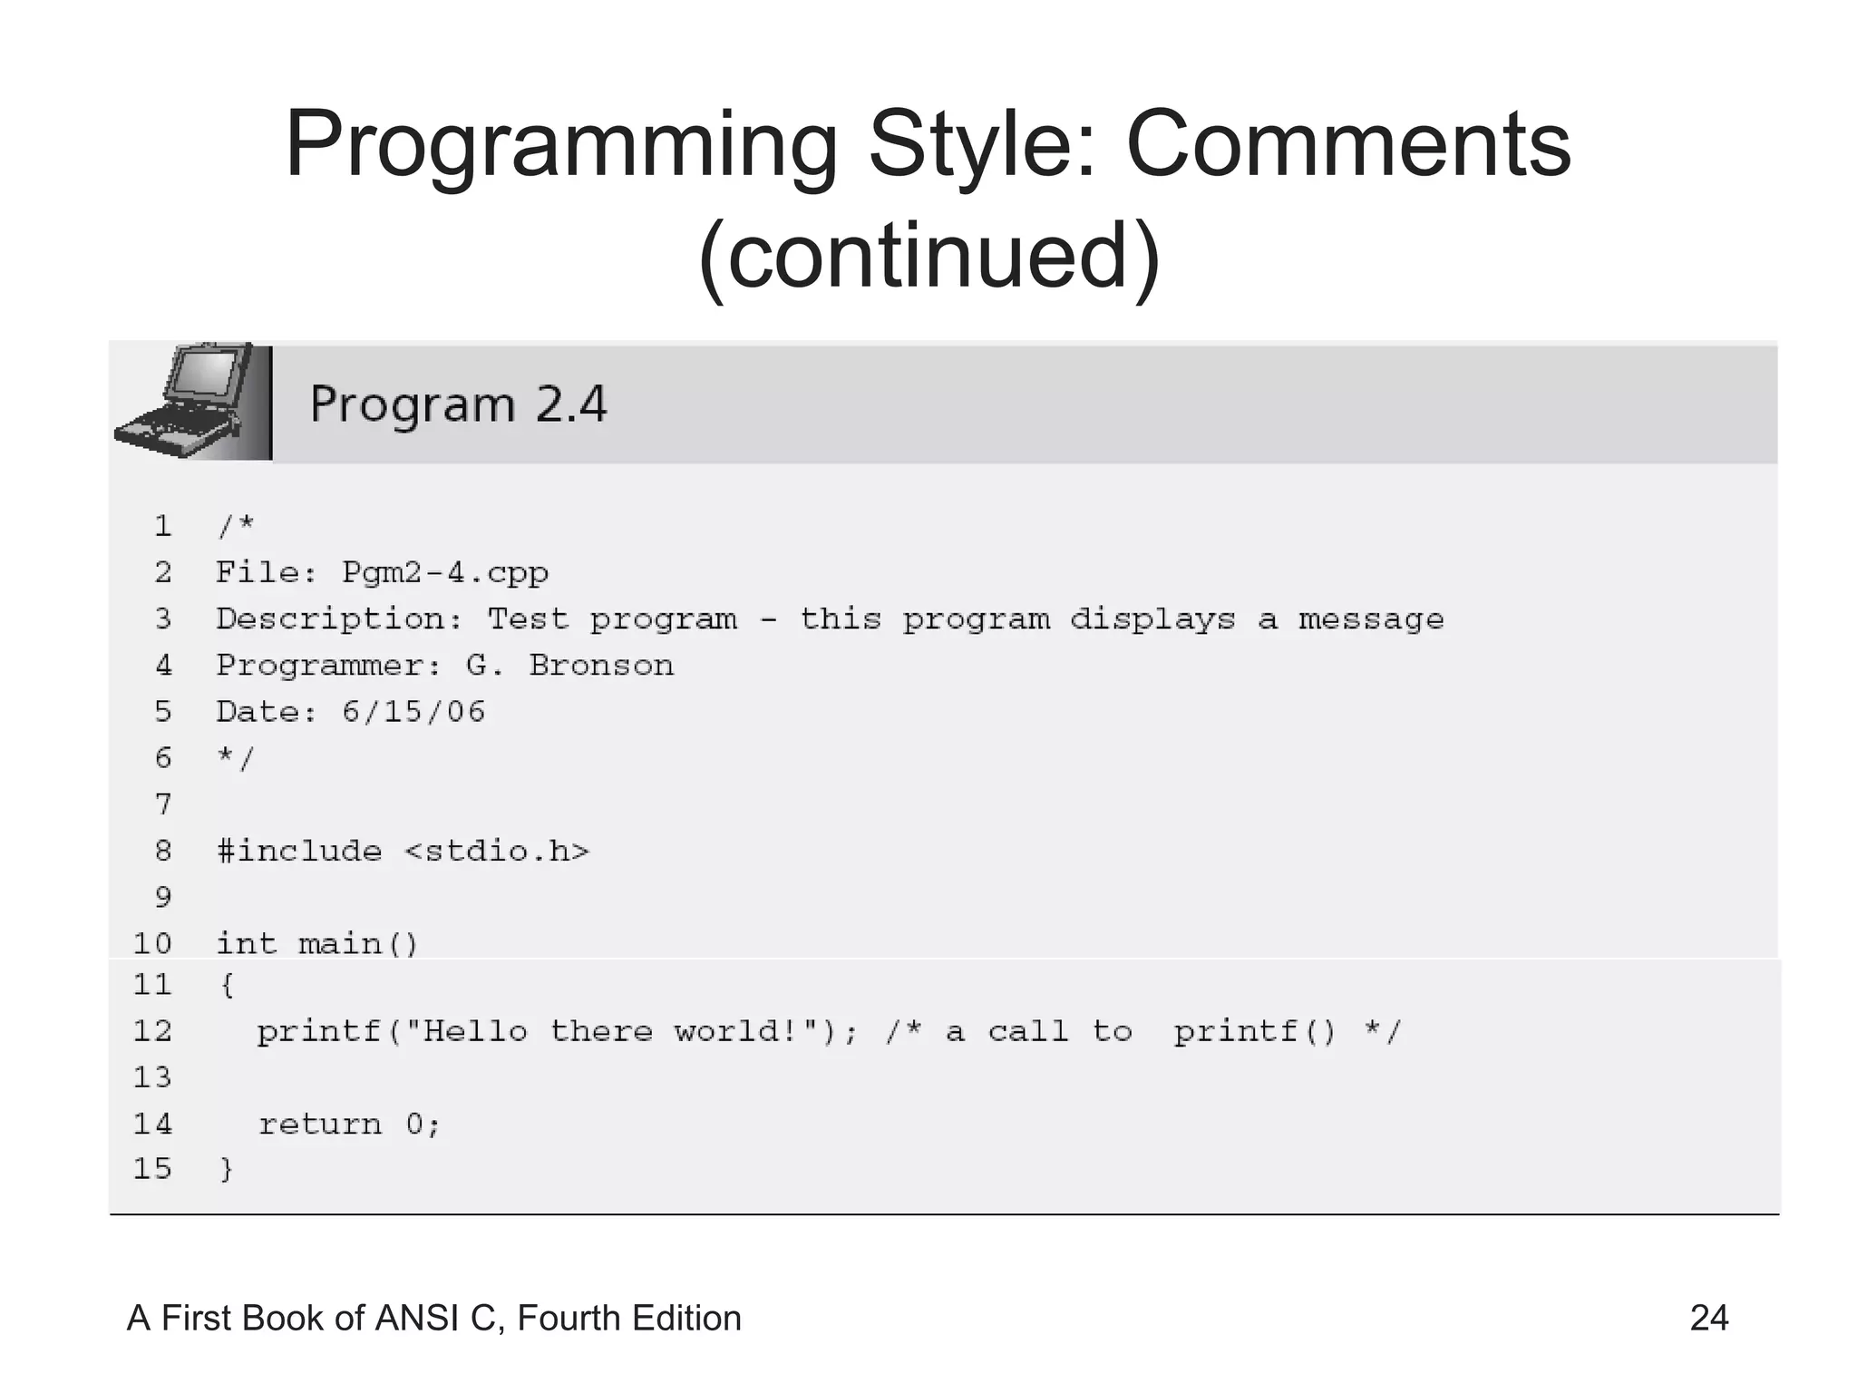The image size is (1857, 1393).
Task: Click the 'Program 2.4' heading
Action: (458, 404)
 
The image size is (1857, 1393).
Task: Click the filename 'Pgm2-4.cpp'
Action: (444, 573)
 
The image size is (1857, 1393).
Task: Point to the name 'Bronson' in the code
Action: (601, 666)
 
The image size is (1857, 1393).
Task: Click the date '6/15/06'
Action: (413, 712)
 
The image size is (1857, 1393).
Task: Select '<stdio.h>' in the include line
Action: (497, 852)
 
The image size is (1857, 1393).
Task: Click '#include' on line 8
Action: (299, 852)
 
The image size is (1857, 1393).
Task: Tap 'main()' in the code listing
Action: (358, 945)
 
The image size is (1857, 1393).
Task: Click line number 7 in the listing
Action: (163, 804)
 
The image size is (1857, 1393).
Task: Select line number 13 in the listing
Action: (152, 1078)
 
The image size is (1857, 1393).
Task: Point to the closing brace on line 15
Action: (227, 1170)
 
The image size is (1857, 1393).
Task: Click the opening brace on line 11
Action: (227, 986)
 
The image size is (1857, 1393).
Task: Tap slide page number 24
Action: (1708, 1318)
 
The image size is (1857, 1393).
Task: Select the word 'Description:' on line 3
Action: (339, 619)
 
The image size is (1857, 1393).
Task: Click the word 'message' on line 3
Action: (1370, 619)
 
